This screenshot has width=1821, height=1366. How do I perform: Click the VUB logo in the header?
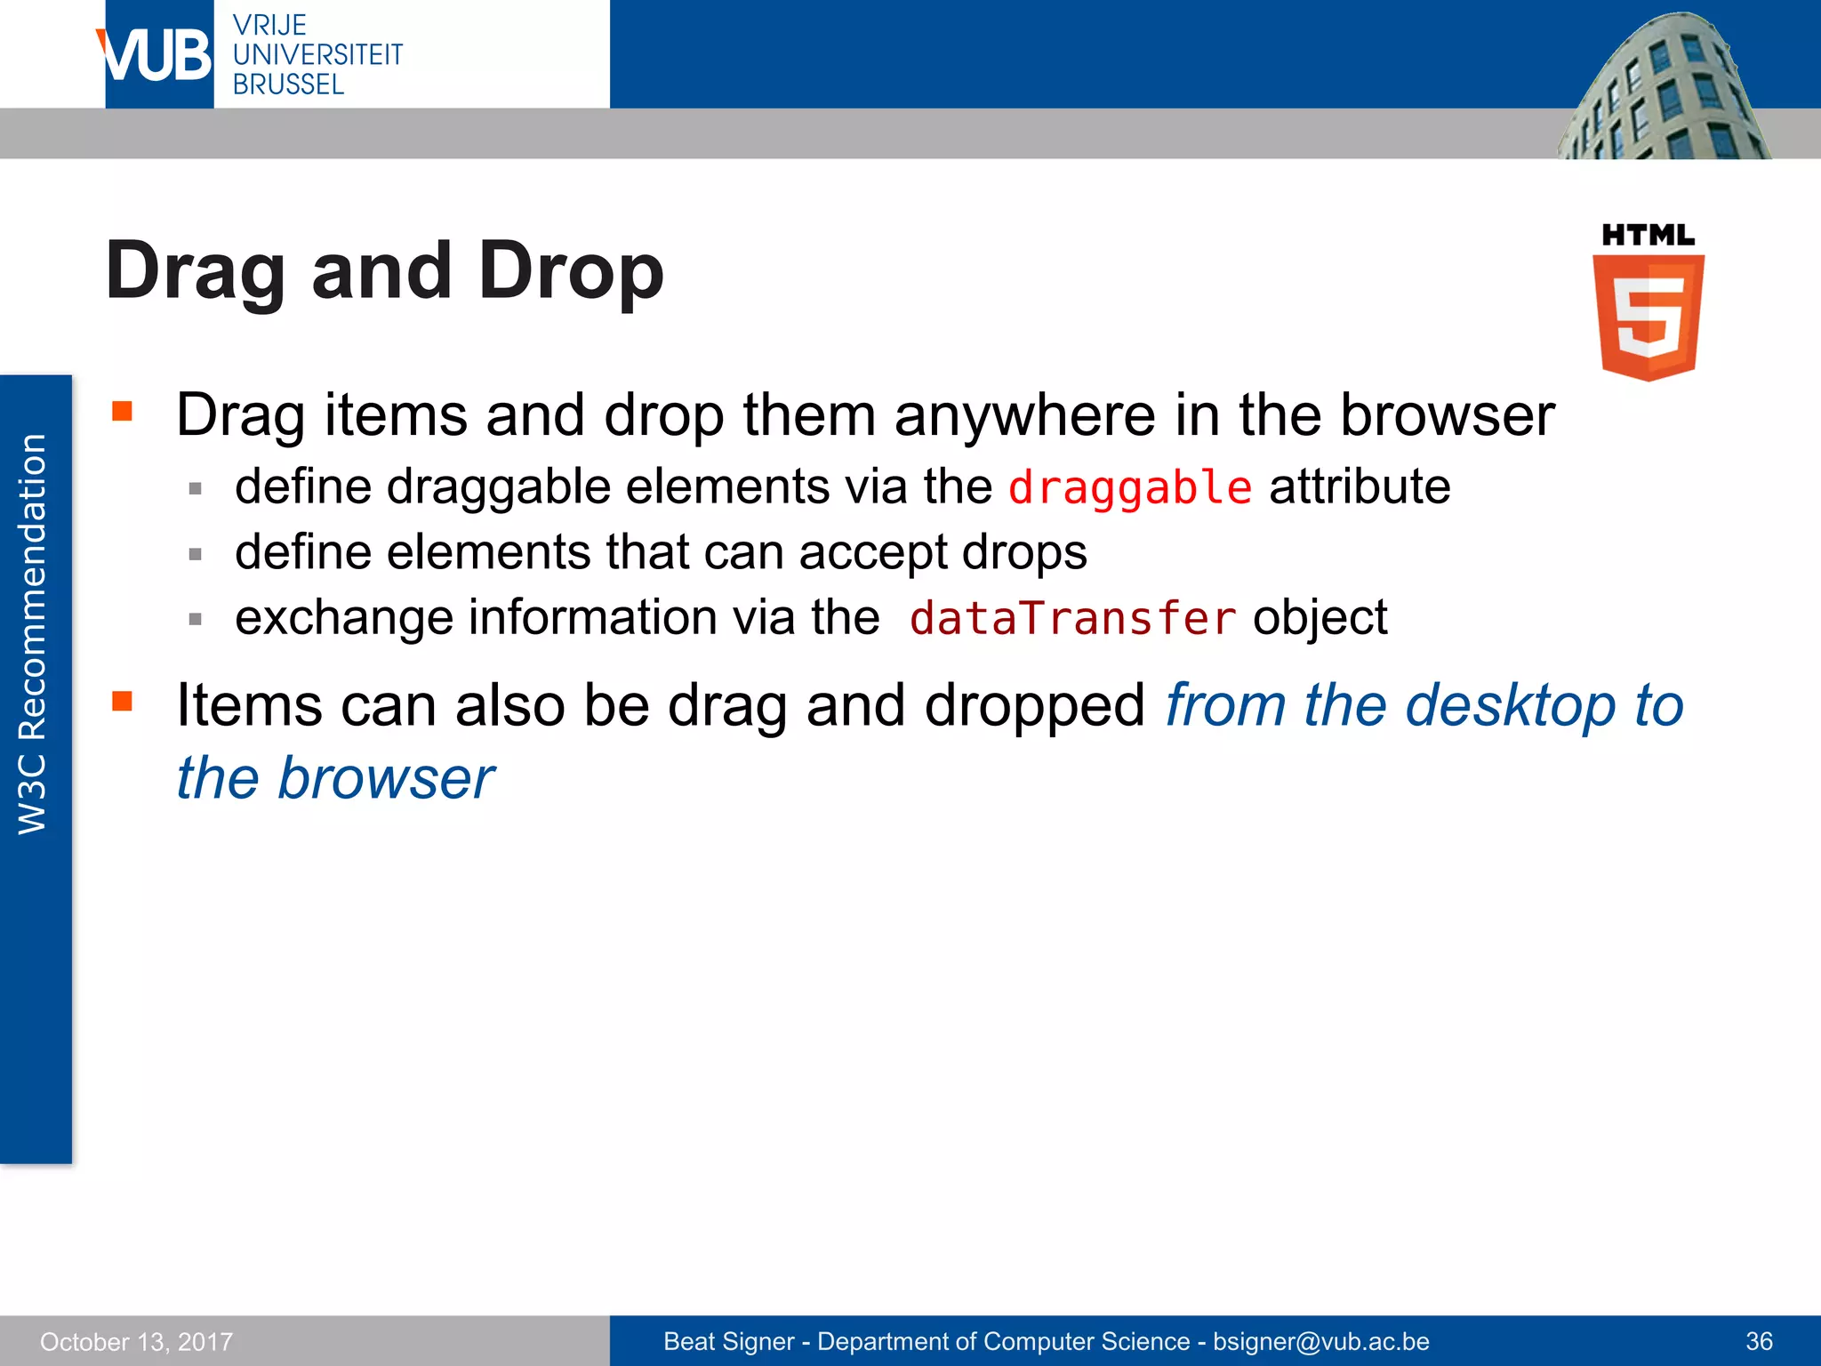click(157, 55)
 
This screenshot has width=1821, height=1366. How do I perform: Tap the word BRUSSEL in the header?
click(288, 85)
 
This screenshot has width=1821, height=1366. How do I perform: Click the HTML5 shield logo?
click(1648, 316)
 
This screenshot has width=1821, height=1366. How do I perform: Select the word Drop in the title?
click(571, 271)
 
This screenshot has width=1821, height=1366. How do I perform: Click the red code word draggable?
click(1130, 488)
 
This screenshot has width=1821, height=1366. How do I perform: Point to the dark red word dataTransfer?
click(1072, 618)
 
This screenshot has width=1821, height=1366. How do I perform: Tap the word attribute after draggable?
click(1360, 486)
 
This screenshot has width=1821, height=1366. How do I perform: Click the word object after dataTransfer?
click(1320, 618)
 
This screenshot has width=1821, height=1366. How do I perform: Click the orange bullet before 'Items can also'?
click(123, 702)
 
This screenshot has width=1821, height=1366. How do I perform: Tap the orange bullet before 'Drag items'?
click(123, 411)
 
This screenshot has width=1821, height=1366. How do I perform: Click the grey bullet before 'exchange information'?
click(196, 619)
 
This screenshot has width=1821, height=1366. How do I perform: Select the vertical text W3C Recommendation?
click(33, 634)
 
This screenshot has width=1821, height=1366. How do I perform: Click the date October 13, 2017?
click(136, 1341)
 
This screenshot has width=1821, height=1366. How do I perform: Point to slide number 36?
click(1759, 1341)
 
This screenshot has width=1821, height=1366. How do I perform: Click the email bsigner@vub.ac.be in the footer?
click(1320, 1341)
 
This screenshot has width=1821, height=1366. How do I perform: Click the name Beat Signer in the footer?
click(728, 1341)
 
